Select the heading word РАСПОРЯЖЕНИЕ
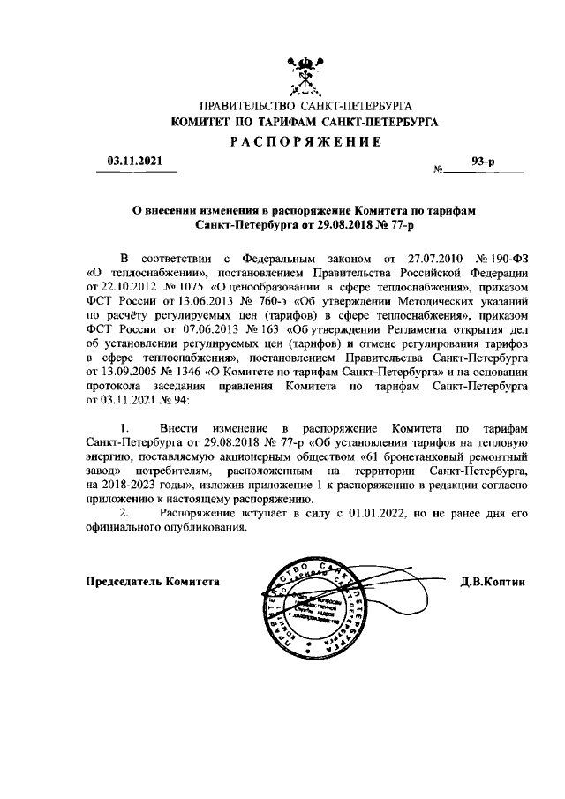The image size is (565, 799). click(305, 142)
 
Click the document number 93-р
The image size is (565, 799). click(484, 161)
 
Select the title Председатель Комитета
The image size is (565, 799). click(152, 582)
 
